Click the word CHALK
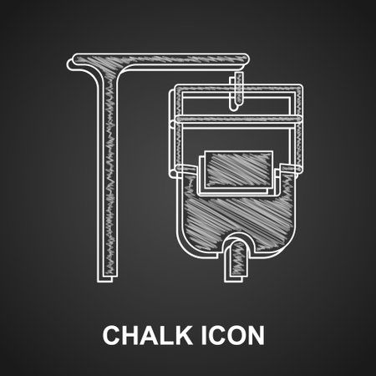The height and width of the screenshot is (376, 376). (x=147, y=335)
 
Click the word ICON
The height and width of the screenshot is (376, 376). (x=232, y=335)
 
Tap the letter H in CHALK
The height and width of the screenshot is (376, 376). (x=130, y=335)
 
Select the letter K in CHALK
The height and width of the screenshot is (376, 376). (x=184, y=335)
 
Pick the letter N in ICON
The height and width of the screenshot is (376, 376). (x=256, y=335)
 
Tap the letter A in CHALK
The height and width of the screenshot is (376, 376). (x=150, y=335)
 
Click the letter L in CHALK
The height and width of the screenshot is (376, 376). (x=168, y=335)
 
